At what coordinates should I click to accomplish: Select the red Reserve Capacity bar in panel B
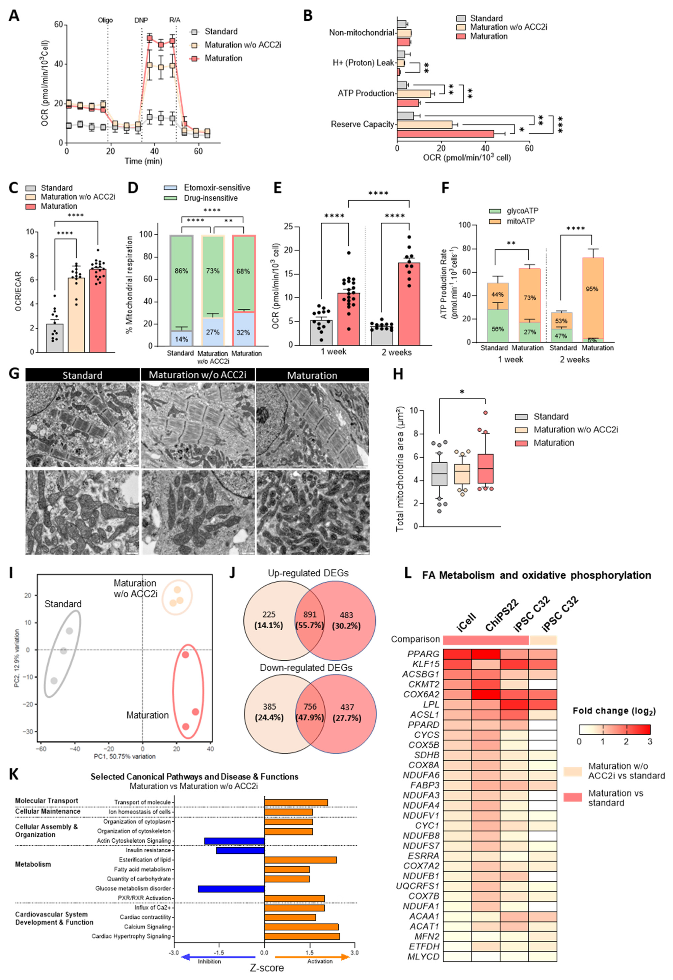click(445, 134)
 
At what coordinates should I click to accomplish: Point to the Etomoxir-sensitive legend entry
click(216, 188)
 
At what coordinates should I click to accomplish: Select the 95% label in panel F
click(592, 289)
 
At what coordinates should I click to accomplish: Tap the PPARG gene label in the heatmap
click(423, 654)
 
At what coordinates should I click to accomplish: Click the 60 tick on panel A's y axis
click(58, 24)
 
